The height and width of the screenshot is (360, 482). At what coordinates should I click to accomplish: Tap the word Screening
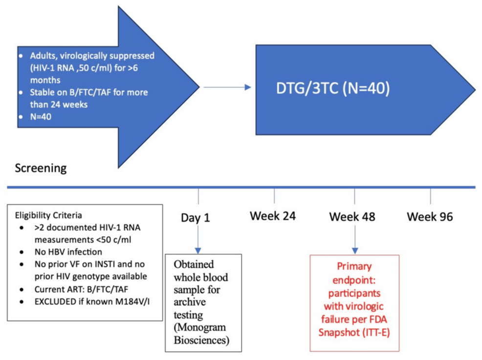(41, 169)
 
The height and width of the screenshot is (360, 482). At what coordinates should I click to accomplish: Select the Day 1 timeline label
(195, 217)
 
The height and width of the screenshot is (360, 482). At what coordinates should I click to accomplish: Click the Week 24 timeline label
(273, 215)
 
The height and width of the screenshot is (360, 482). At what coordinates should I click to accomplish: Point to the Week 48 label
(352, 216)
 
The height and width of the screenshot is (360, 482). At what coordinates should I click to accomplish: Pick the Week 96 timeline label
(430, 216)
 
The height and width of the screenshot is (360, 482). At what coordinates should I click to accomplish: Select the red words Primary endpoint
(354, 274)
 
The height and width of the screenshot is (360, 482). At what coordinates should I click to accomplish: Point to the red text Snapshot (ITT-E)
(355, 332)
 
